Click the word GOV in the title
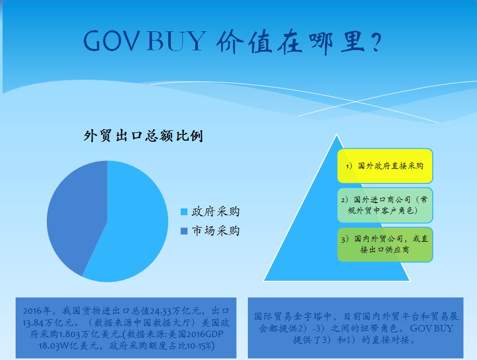[x=107, y=41]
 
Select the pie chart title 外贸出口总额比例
[x=143, y=136]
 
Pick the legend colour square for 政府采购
[x=184, y=212]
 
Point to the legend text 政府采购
[x=216, y=212]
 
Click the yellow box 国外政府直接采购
[x=385, y=166]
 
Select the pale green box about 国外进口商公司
[x=385, y=205]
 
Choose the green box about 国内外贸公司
[x=385, y=244]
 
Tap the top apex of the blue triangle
[x=336, y=135]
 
